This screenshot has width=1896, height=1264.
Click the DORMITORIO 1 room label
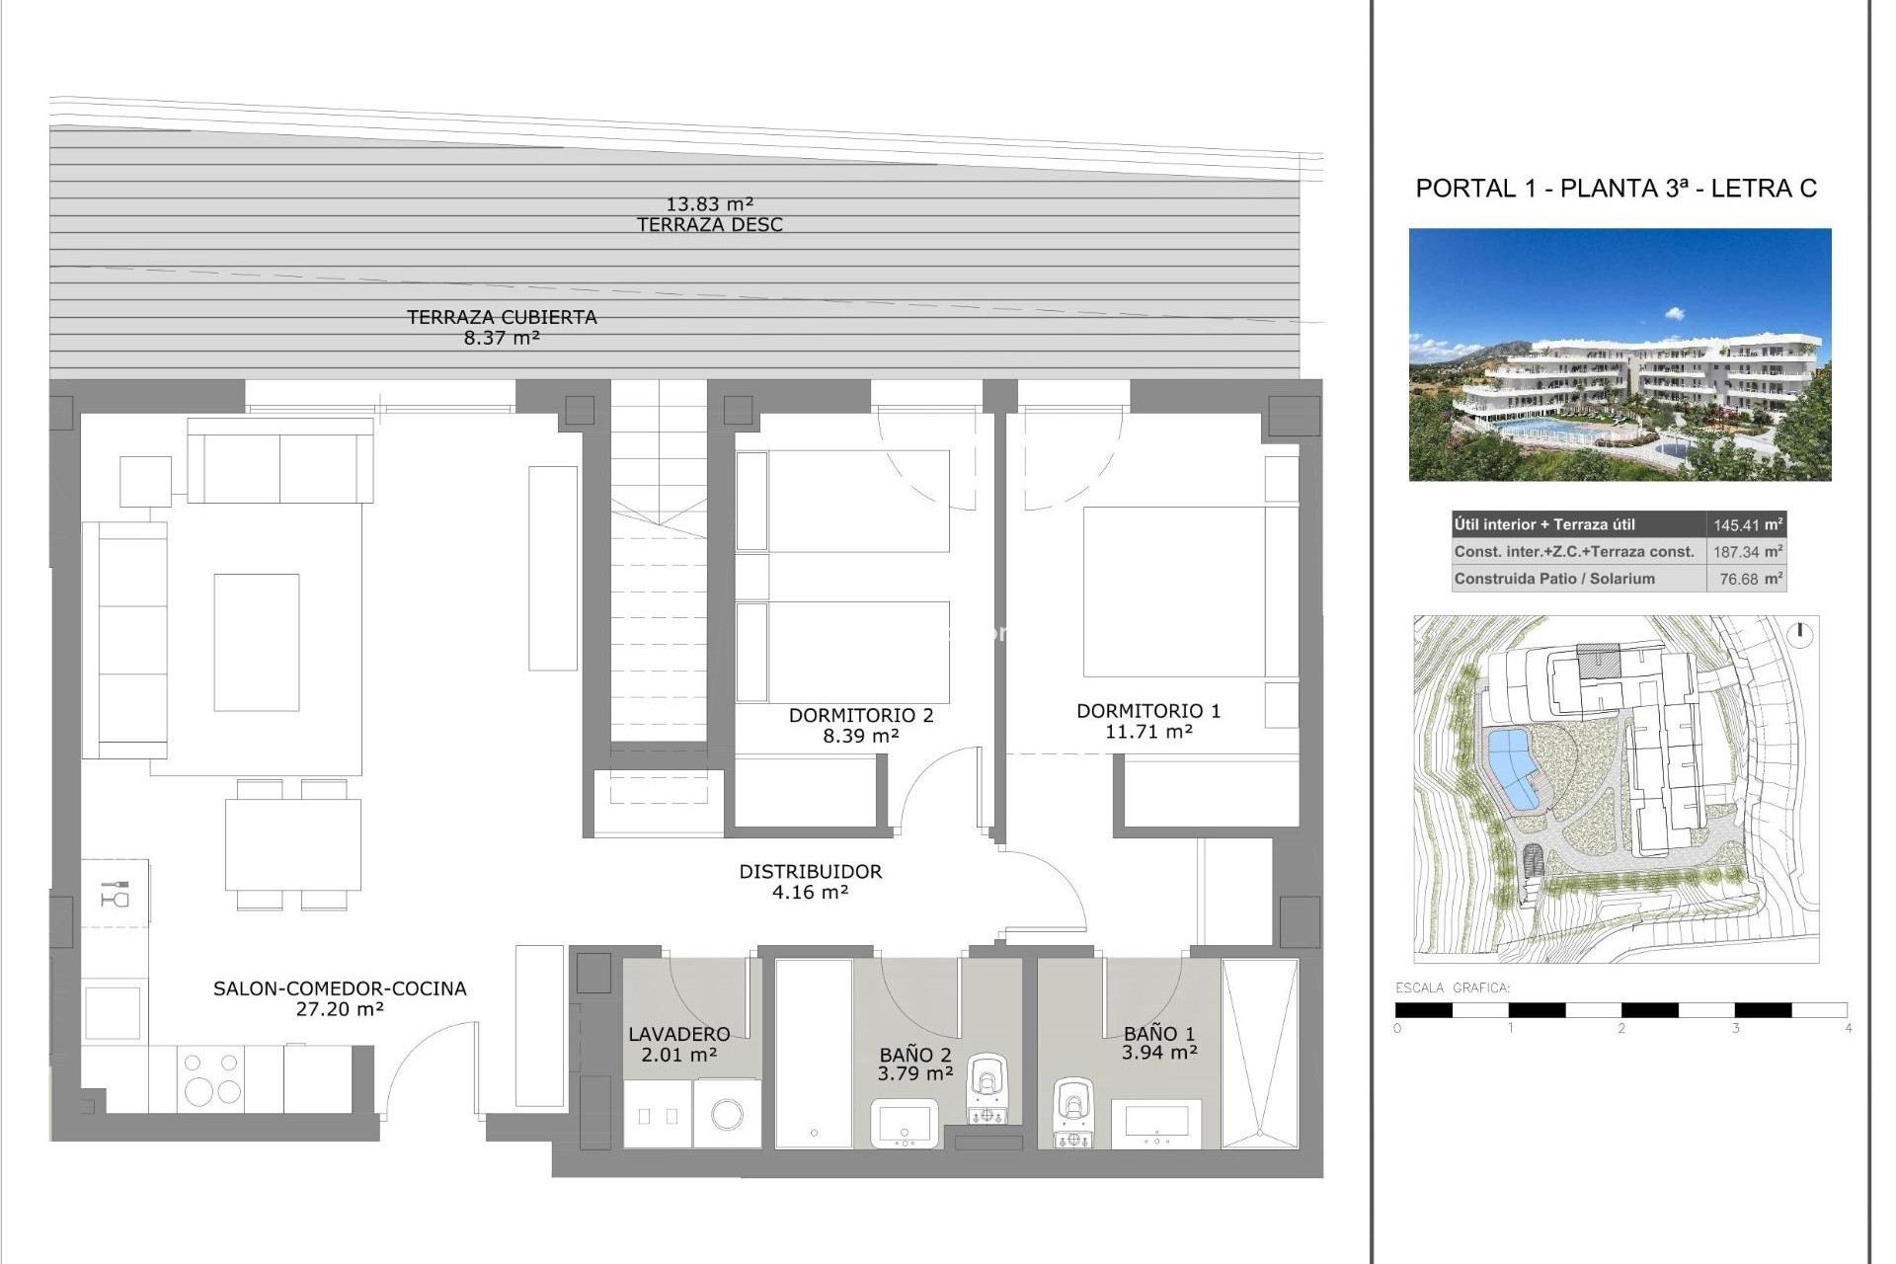coord(1148,711)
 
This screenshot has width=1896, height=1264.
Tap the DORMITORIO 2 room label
coord(860,715)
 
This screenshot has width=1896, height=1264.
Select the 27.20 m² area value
coord(340,1009)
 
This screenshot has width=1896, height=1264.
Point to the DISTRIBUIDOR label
coord(810,871)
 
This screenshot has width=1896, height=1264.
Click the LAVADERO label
coord(679,1034)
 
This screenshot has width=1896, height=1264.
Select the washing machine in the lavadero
coord(728,1115)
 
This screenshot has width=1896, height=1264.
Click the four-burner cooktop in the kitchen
coord(211,1077)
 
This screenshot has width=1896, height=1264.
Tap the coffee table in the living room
coord(257,642)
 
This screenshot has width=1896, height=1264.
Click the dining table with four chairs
coord(292,844)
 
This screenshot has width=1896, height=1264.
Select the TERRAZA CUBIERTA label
coord(502,317)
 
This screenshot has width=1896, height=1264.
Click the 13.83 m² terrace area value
coord(709,204)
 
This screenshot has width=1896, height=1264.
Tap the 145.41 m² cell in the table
coord(1747,525)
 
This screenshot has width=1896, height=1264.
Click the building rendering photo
coord(1619,355)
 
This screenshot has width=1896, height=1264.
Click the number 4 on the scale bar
coord(1848,1028)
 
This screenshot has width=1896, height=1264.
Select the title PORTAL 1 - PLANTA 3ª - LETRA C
coord(1616,189)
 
